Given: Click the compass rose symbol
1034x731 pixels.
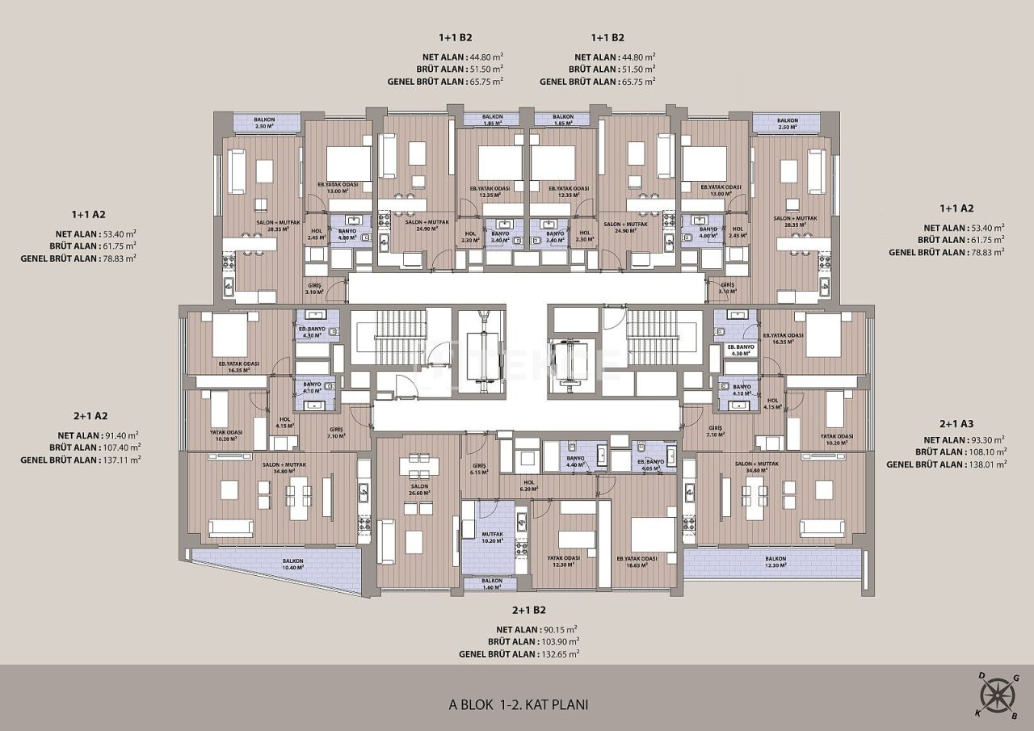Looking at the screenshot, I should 998,695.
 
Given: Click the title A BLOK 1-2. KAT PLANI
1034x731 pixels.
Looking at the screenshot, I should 519,704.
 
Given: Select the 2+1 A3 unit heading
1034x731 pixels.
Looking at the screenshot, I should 956,424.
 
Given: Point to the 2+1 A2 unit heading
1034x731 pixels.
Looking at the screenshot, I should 90,416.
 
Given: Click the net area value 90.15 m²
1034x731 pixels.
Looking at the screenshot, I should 557,628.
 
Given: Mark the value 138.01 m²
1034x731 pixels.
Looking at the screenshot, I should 986,464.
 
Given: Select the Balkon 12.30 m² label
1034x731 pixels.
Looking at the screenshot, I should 775,562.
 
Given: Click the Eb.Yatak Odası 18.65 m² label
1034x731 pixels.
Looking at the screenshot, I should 637,562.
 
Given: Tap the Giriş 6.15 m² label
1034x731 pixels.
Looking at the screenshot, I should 478,469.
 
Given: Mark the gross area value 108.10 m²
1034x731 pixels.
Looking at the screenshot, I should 984,452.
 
